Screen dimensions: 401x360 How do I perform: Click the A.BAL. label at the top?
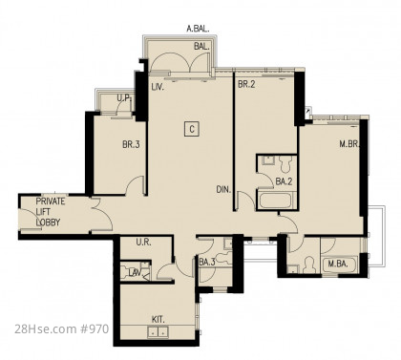click(x=198, y=30)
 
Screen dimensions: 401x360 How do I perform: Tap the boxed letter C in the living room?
click(x=192, y=129)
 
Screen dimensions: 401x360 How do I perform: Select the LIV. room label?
click(x=158, y=87)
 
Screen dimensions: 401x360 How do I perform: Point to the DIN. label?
click(x=223, y=190)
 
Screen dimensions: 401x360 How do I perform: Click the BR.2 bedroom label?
click(x=246, y=85)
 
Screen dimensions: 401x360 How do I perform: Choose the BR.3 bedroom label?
click(x=131, y=145)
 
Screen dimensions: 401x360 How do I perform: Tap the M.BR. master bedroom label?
click(x=349, y=144)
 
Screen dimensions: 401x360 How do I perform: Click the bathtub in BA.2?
click(x=277, y=201)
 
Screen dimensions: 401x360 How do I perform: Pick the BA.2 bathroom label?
click(x=284, y=181)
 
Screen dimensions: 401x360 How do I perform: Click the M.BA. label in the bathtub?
click(x=338, y=264)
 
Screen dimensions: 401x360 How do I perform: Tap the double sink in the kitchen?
click(x=158, y=332)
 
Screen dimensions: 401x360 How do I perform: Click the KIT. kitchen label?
click(x=158, y=320)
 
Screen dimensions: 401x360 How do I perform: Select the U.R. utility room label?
click(x=143, y=243)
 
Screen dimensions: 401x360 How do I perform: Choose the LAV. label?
click(x=135, y=272)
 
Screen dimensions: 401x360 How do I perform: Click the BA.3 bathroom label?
click(x=207, y=263)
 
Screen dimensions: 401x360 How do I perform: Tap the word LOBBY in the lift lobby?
click(x=48, y=222)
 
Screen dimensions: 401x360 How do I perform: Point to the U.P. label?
click(x=124, y=98)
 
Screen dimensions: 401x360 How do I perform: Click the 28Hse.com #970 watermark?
click(x=62, y=328)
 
